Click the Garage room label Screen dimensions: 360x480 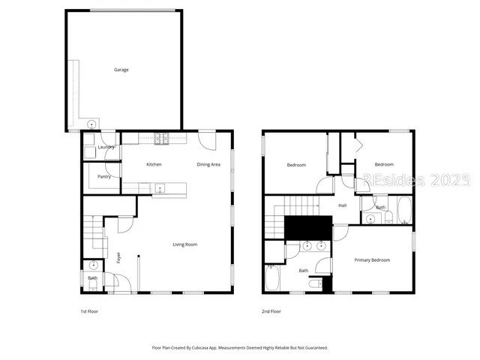[121, 70]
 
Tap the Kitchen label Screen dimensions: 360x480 [154, 164]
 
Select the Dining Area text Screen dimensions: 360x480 [208, 164]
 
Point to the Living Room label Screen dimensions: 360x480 [185, 244]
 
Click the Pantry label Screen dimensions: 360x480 [104, 177]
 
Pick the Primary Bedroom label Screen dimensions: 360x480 [372, 260]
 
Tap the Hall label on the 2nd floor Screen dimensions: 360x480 [343, 205]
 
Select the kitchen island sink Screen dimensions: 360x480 [159, 190]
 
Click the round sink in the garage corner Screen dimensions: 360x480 [91, 124]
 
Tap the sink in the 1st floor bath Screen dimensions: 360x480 [91, 266]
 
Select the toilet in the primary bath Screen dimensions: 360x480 [322, 283]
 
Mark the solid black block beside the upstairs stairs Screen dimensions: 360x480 [308, 226]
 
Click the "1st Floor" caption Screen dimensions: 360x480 [89, 310]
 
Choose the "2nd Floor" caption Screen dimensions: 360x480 [271, 310]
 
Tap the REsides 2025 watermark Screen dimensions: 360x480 [416, 181]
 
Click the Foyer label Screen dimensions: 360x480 [118, 259]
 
